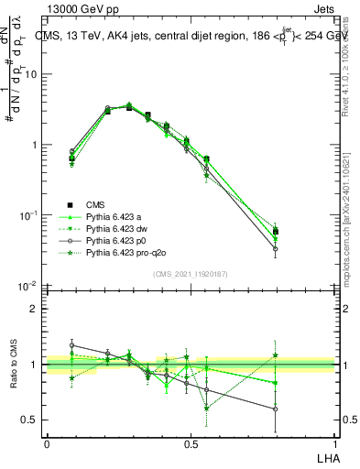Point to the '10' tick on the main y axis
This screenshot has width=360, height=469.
point(31,75)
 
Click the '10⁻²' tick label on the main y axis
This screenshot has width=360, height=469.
point(28,285)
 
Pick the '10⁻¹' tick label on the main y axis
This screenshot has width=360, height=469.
point(28,215)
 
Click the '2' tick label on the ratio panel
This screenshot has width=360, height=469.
point(36,309)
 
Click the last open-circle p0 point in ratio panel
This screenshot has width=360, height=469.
point(300,409)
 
